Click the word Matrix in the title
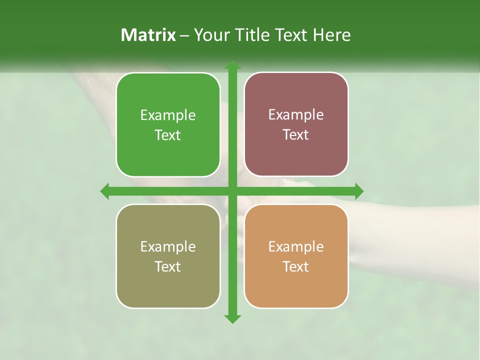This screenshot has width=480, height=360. point(148,35)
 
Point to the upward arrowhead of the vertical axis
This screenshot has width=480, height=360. point(232,65)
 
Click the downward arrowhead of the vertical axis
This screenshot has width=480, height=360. point(232,318)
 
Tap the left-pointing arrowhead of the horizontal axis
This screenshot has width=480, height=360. point(105,191)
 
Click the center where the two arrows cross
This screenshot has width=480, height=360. point(232,191)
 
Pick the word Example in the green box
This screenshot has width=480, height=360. point(168,115)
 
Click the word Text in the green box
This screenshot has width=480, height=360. point(168,135)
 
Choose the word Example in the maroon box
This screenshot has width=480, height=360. point(296,115)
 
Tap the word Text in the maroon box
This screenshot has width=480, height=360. point(296,135)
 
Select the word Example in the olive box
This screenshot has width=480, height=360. point(168,247)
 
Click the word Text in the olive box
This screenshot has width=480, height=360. point(168,267)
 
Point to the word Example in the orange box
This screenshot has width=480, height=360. point(296,247)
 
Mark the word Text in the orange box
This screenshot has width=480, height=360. point(296,267)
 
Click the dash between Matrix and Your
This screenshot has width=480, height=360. point(184,35)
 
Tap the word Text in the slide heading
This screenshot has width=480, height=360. point(292,35)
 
